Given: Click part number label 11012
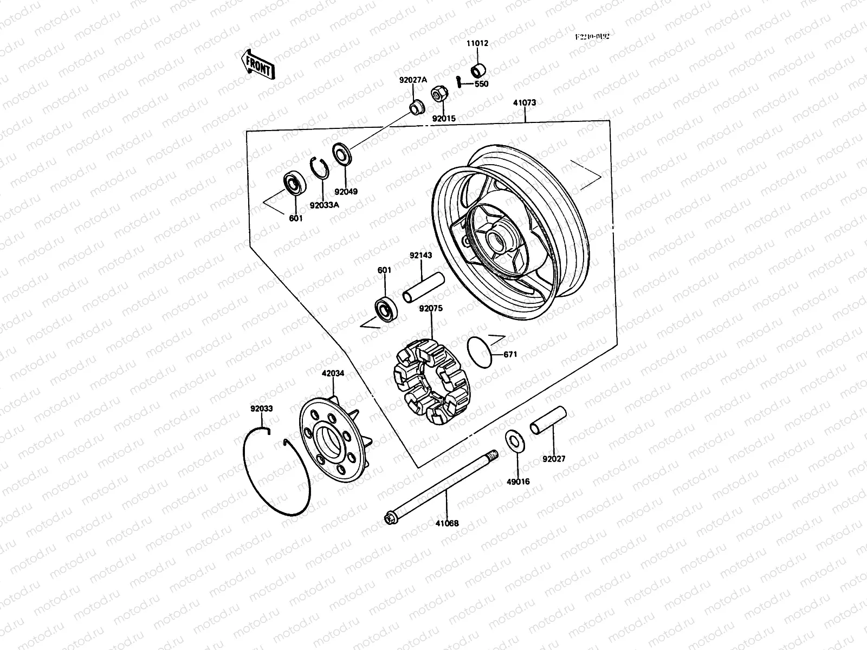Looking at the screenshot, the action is (477, 43).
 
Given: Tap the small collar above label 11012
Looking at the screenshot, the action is (478, 71).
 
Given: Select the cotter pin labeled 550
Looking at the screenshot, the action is (459, 81).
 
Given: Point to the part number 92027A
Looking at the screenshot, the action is (413, 80).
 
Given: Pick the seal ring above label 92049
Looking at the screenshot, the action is (341, 153).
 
